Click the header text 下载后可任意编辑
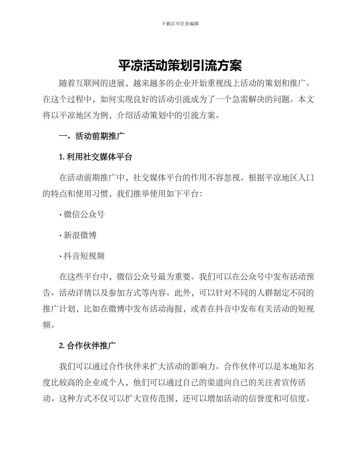(180, 23)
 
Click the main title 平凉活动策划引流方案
(180, 66)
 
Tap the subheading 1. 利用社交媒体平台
(95, 157)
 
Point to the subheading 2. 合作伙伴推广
(88, 346)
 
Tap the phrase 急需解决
(256, 100)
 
